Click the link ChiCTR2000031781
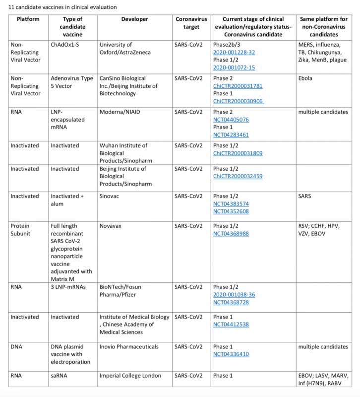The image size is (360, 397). [x=238, y=85]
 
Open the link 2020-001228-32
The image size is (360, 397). [x=233, y=51]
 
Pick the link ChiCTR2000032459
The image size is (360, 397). [x=238, y=176]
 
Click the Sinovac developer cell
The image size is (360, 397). [x=111, y=196]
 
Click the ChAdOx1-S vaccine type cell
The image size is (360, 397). [x=66, y=44]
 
